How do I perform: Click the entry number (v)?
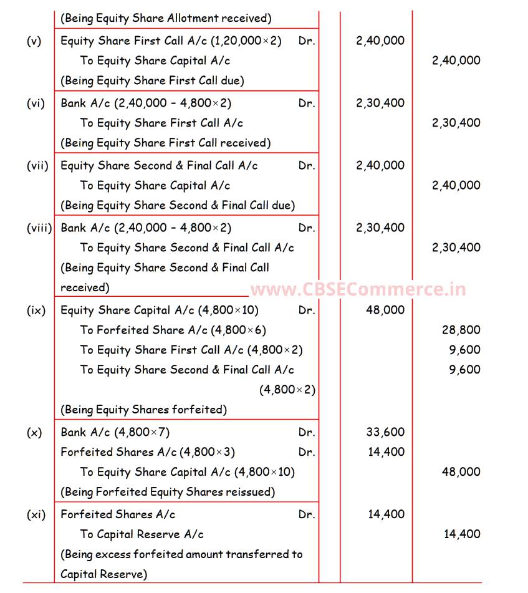click(34, 41)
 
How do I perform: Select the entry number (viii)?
click(39, 228)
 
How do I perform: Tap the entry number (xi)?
click(36, 515)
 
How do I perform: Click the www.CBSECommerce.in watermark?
click(358, 289)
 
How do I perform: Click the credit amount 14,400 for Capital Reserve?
click(461, 534)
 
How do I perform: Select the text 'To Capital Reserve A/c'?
click(142, 534)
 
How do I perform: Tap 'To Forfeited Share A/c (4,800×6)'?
click(173, 330)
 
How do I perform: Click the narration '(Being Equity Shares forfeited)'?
click(143, 410)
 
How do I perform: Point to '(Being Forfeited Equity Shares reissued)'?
click(168, 492)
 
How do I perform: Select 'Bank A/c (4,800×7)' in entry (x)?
click(115, 432)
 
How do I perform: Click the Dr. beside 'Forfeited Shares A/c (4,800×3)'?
click(307, 452)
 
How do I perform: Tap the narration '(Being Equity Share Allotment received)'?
click(165, 19)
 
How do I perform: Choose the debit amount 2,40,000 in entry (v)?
click(380, 41)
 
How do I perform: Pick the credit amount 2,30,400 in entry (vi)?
click(456, 123)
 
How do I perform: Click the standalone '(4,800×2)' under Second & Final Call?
click(287, 390)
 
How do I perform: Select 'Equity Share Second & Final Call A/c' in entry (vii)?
click(159, 166)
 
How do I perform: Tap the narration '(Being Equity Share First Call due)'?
click(152, 81)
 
